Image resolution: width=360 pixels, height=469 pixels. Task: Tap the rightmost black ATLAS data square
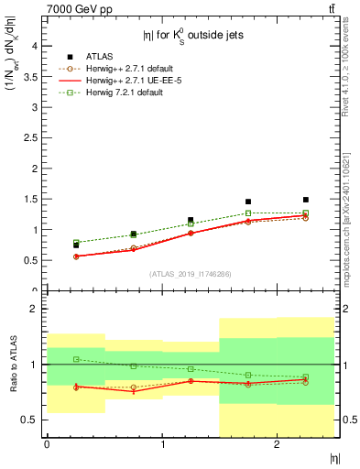305,200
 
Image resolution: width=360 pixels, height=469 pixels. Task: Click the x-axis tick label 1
162,444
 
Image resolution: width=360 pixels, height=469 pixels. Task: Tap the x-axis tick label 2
277,444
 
